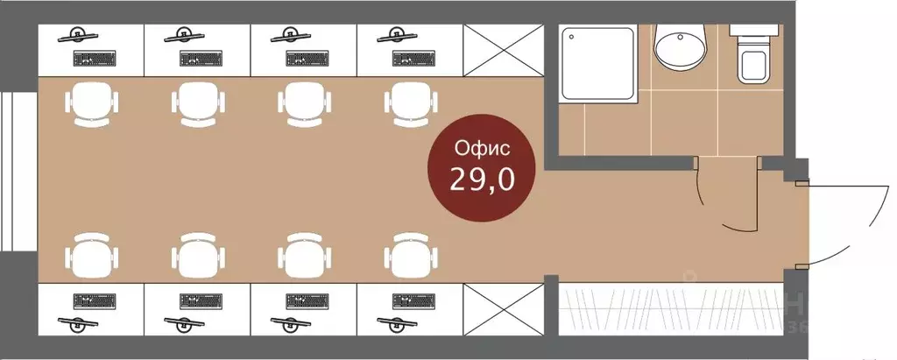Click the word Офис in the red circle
(478, 146)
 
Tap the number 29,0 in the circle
(481, 180)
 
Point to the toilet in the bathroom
(752, 55)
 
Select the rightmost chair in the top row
(409, 104)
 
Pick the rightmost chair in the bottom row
(409, 256)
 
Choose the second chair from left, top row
(197, 104)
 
